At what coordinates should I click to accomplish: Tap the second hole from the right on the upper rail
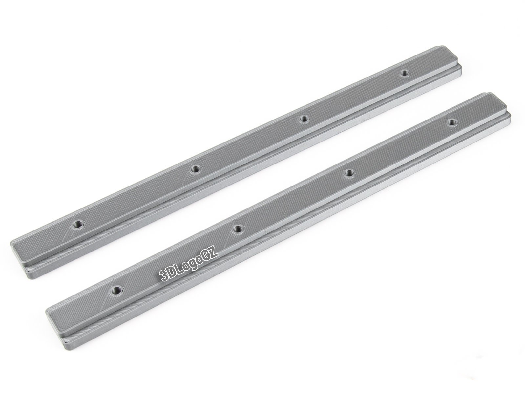click(x=304, y=119)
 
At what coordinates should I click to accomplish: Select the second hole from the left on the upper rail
click(x=196, y=169)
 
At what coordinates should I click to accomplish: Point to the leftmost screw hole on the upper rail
click(x=78, y=224)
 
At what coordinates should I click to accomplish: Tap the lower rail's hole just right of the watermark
click(x=238, y=229)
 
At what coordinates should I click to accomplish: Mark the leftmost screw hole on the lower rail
click(x=116, y=290)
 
